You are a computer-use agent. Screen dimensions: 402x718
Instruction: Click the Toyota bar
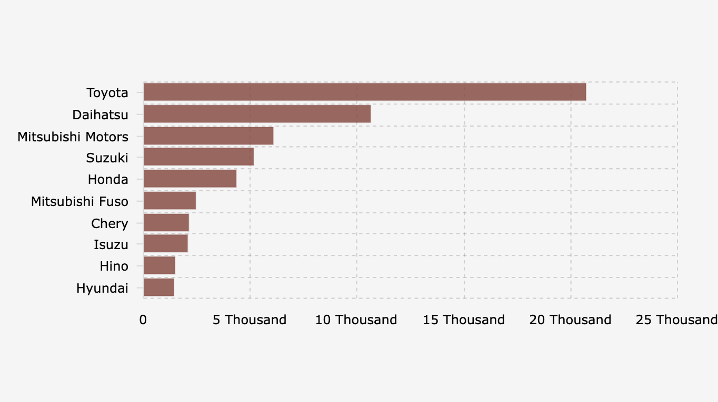[364, 92]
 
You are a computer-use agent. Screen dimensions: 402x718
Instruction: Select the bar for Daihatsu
[257, 114]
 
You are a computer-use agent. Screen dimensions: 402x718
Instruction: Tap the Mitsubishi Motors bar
[208, 136]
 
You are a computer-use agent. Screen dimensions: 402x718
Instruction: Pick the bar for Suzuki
[198, 157]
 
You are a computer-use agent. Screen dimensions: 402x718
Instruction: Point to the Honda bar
[190, 179]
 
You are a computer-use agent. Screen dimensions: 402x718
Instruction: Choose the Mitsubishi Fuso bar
[169, 201]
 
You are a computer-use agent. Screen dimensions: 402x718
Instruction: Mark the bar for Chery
[166, 223]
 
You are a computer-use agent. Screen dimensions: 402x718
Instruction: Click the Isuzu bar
[165, 244]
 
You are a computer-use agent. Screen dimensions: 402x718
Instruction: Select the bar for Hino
[159, 266]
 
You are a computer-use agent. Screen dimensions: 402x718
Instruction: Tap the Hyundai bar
[158, 287]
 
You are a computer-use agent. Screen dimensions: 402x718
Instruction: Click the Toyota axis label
[107, 93]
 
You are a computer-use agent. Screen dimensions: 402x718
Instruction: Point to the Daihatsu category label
[100, 115]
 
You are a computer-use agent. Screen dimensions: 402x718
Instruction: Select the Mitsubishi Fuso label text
[79, 201]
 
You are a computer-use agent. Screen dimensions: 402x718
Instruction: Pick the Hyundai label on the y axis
[102, 288]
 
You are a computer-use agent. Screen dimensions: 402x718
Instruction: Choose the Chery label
[109, 223]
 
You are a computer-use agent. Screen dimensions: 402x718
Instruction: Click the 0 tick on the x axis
[143, 319]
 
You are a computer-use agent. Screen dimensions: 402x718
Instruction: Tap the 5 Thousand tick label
[250, 319]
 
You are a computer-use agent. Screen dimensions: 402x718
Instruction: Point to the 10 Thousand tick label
[356, 319]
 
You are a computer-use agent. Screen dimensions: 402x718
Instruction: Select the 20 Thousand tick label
[570, 319]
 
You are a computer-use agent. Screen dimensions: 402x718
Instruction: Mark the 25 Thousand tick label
[676, 319]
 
